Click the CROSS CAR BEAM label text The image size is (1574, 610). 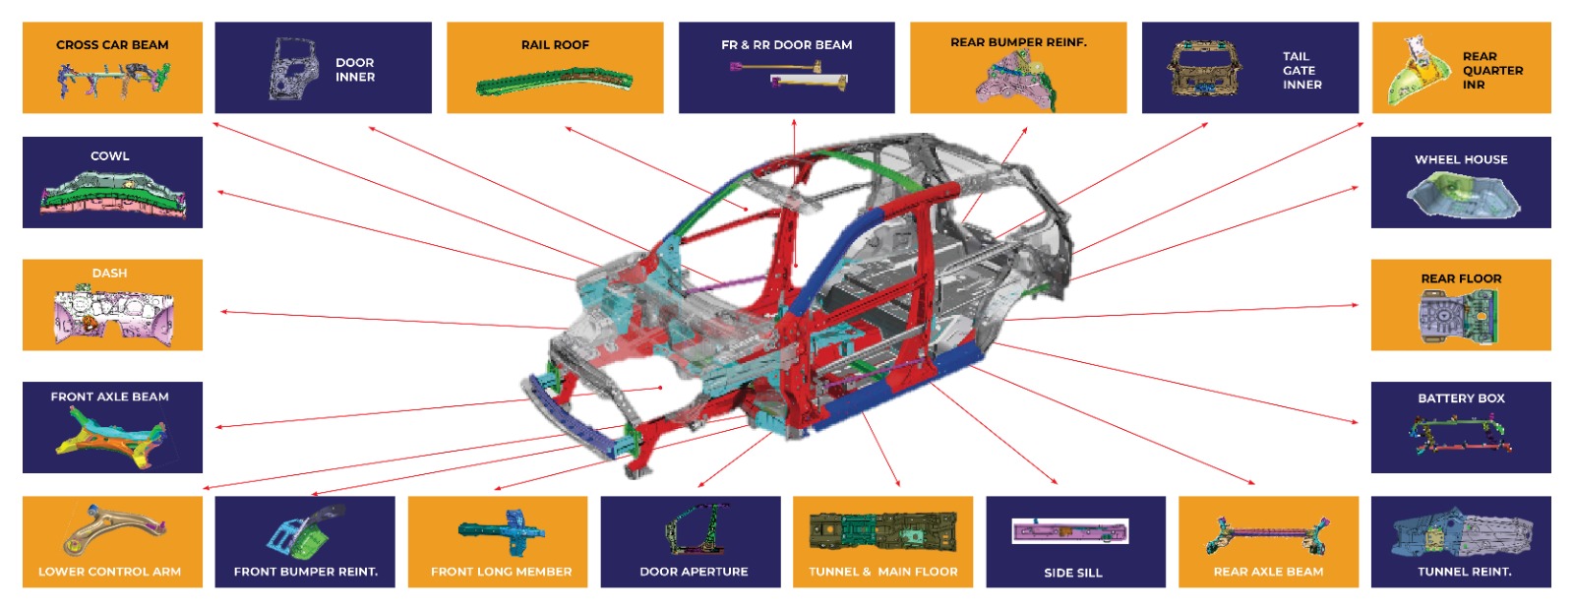click(112, 45)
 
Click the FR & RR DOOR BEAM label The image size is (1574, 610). click(786, 45)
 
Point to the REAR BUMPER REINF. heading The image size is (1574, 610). click(1018, 42)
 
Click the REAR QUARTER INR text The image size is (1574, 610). click(1491, 71)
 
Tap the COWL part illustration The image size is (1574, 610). click(112, 194)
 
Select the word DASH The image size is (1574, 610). click(109, 274)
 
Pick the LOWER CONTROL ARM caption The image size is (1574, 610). click(109, 572)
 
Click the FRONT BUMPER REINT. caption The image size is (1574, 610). click(305, 572)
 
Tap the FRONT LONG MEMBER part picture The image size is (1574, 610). click(502, 531)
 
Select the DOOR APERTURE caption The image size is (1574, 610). click(694, 572)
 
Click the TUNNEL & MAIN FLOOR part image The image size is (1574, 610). click(882, 531)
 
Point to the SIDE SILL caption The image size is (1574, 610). click(1073, 573)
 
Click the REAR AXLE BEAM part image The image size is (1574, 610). click(1268, 534)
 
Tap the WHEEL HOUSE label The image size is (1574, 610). click(1461, 159)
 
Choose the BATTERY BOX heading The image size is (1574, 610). click(1461, 398)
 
